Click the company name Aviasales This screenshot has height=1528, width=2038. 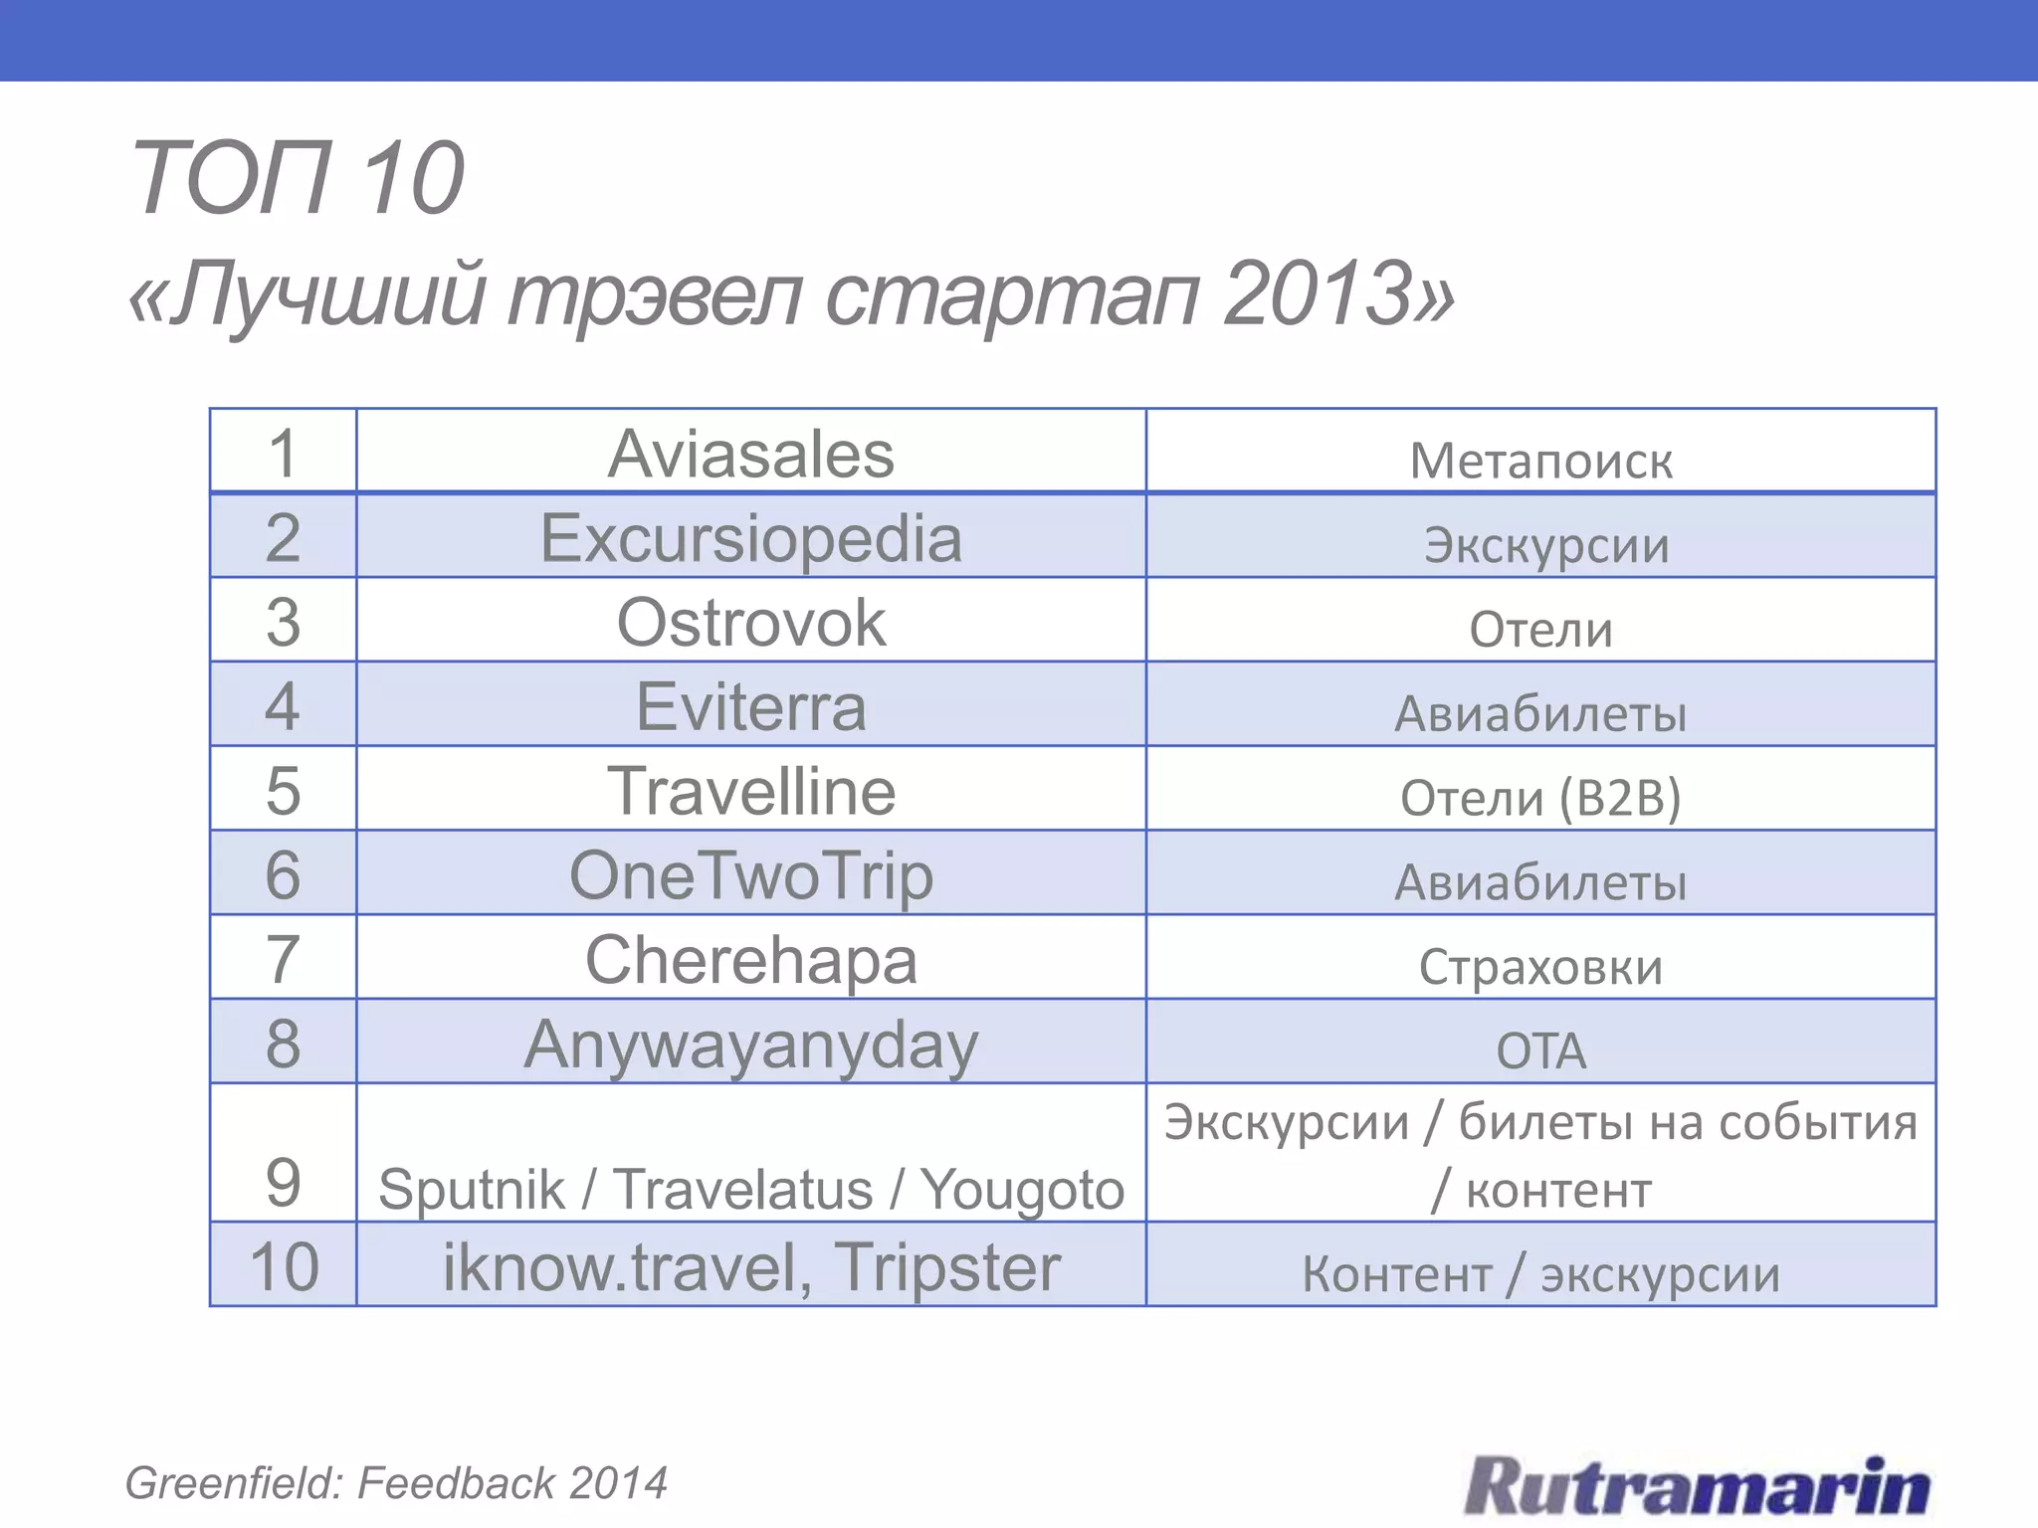[x=750, y=455]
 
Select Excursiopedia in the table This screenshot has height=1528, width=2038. [x=750, y=538]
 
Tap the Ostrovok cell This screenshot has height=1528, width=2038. [x=750, y=623]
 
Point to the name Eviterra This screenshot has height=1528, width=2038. [x=750, y=707]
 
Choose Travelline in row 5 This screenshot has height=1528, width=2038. [x=750, y=792]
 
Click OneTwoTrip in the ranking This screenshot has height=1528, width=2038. [x=750, y=876]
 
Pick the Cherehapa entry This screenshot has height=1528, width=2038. [x=750, y=961]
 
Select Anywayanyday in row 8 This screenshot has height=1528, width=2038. [x=750, y=1046]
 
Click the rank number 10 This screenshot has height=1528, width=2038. [x=284, y=1267]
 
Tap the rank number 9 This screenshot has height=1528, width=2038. [x=284, y=1183]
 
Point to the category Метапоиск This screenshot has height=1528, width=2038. [x=1540, y=461]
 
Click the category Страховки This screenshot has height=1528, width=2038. [x=1540, y=967]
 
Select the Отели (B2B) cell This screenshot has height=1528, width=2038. [x=1540, y=798]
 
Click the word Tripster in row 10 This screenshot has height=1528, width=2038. [x=947, y=1267]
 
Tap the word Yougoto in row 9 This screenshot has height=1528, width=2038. [x=1021, y=1190]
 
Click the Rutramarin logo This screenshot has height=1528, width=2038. [x=1697, y=1486]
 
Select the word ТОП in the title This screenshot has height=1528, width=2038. [x=231, y=178]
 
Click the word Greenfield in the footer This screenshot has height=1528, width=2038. [x=234, y=1483]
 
